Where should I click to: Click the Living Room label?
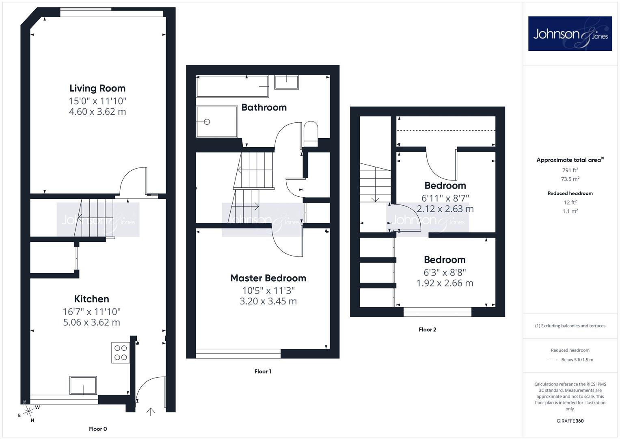coord(97,89)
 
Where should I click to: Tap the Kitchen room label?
coord(92,299)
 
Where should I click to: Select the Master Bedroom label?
coord(268,278)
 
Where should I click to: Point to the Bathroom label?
coord(264,108)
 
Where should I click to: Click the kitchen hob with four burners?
coord(121,352)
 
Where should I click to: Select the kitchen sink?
coord(83,385)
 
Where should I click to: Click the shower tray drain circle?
coord(207,122)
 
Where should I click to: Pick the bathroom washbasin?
coord(287,82)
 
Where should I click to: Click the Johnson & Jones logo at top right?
coord(570,33)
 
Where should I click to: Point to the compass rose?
coord(28,412)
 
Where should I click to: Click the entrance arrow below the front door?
coord(151,412)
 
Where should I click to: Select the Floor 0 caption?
coord(98,429)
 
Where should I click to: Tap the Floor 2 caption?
coord(428,330)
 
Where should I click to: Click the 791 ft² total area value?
coord(570,170)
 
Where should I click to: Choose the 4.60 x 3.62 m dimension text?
coord(97,112)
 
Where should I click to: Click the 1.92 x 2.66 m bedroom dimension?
coord(445,283)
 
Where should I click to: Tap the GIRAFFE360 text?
coord(570,421)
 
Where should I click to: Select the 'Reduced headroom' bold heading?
coord(570,193)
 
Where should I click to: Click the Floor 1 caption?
coord(263,372)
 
